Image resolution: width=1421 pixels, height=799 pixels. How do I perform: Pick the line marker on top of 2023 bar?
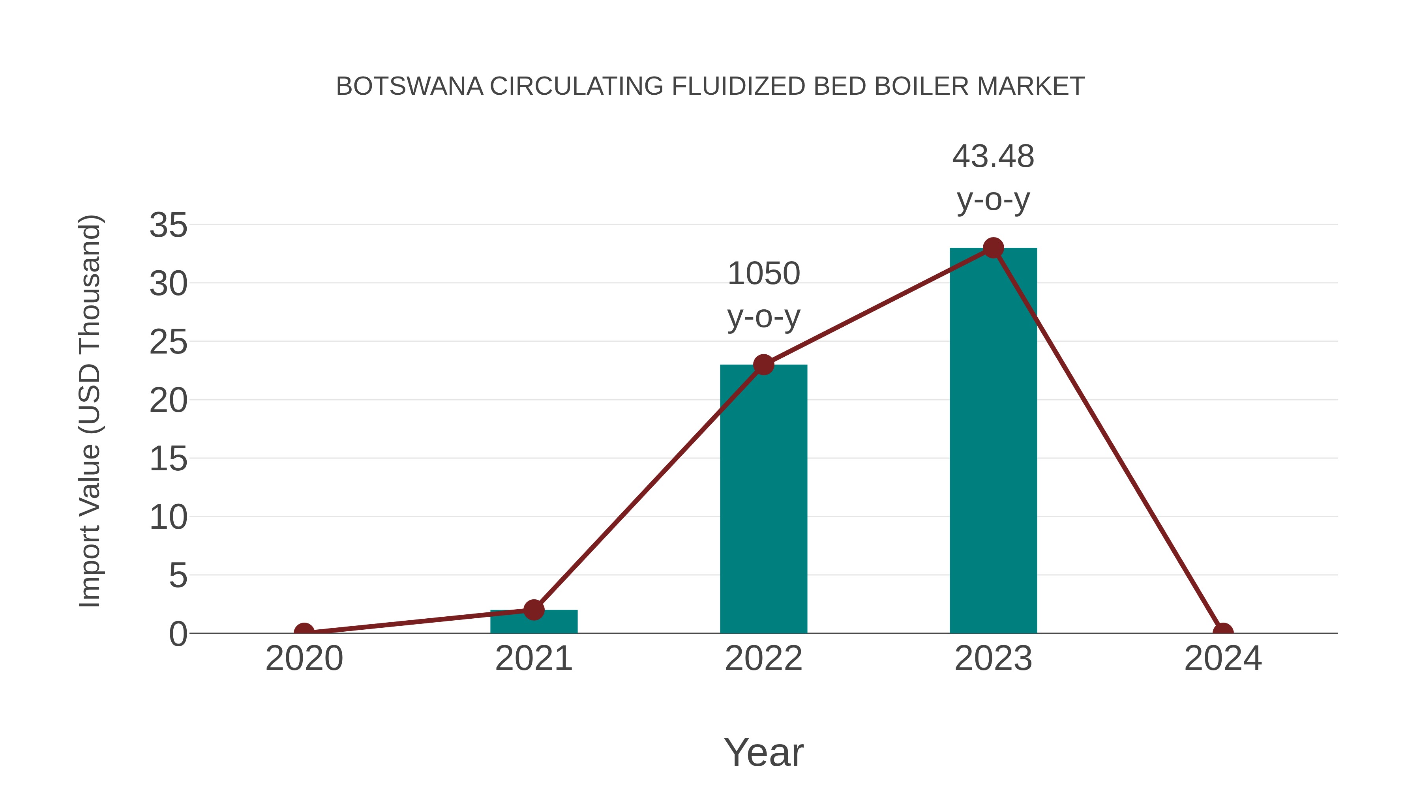(993, 248)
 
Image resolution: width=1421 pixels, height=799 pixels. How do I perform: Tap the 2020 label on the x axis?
(304, 659)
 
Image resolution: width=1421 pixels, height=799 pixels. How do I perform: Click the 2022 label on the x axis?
(763, 659)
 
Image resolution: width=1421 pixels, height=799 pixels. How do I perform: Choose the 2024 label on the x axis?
(1223, 659)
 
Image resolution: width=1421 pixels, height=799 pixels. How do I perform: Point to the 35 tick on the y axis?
(168, 226)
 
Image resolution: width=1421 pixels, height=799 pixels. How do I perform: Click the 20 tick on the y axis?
(168, 401)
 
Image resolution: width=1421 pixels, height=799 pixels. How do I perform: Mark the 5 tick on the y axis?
(178, 576)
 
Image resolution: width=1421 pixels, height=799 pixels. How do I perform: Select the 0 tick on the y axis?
(178, 634)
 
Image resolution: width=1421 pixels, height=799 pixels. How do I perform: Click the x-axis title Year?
(763, 753)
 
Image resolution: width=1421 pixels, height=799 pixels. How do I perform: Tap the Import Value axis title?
(89, 411)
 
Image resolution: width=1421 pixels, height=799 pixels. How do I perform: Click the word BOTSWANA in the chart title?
(409, 86)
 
